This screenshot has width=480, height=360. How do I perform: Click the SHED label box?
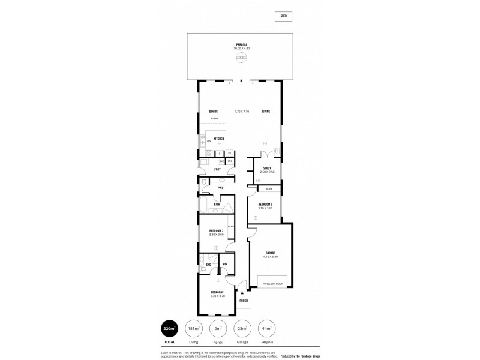click(x=284, y=17)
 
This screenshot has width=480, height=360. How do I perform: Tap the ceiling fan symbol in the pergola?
click(x=241, y=58)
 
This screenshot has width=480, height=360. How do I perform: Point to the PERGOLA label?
click(x=241, y=44)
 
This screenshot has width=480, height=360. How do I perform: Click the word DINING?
click(x=213, y=112)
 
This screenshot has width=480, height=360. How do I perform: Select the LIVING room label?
click(x=266, y=112)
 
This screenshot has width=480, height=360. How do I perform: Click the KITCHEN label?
click(x=219, y=139)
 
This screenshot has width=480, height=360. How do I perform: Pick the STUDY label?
click(x=267, y=168)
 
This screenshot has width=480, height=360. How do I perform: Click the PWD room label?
click(x=221, y=188)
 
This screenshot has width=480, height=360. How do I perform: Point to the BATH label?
click(x=217, y=205)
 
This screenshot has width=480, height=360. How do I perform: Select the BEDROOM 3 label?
click(x=265, y=205)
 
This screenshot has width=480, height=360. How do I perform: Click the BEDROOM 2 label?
click(x=216, y=231)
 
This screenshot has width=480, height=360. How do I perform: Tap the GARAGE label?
click(x=270, y=253)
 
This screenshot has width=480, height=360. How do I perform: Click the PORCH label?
click(x=244, y=301)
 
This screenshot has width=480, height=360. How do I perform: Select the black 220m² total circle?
click(x=169, y=329)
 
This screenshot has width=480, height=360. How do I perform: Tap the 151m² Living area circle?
click(x=194, y=329)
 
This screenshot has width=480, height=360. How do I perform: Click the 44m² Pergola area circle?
click(x=266, y=329)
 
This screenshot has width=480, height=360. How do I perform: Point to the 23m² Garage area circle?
click(x=242, y=329)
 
